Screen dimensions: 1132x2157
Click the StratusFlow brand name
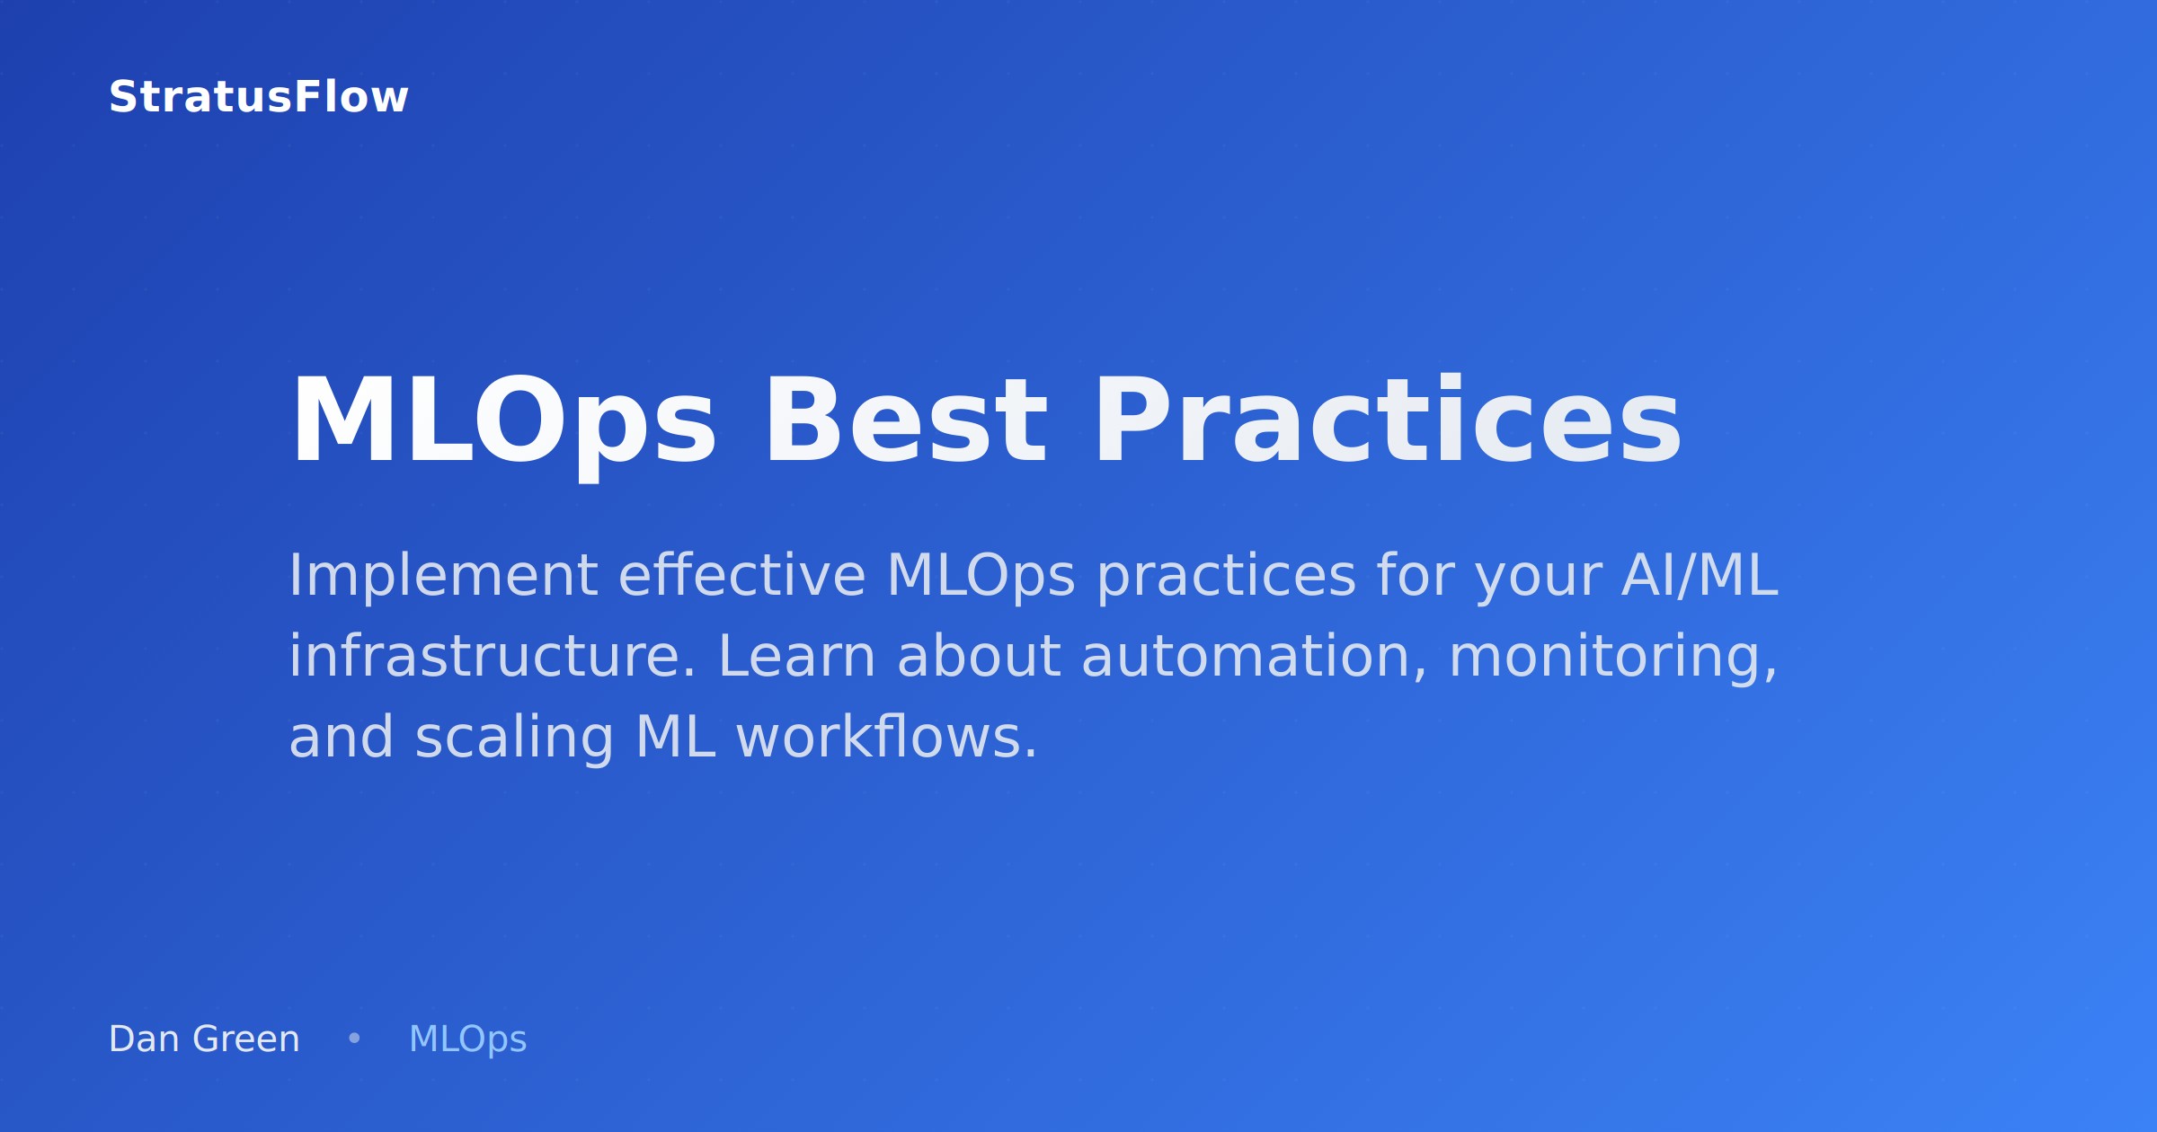[x=258, y=97]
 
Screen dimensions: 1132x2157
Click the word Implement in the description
[x=442, y=576]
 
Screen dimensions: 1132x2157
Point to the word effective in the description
[x=741, y=576]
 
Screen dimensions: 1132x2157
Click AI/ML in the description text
[x=1700, y=576]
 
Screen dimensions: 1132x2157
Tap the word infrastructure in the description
[x=492, y=657]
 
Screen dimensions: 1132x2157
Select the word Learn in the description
[x=796, y=657]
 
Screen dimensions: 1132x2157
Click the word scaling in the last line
[x=514, y=738]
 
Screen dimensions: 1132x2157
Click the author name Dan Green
[x=204, y=1039]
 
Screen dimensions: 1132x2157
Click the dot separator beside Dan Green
[x=354, y=1039]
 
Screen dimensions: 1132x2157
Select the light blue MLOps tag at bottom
[x=467, y=1039]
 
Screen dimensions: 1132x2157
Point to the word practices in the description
[x=1226, y=576]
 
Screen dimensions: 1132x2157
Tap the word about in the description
[x=979, y=657]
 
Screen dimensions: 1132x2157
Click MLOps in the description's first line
[x=980, y=576]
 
